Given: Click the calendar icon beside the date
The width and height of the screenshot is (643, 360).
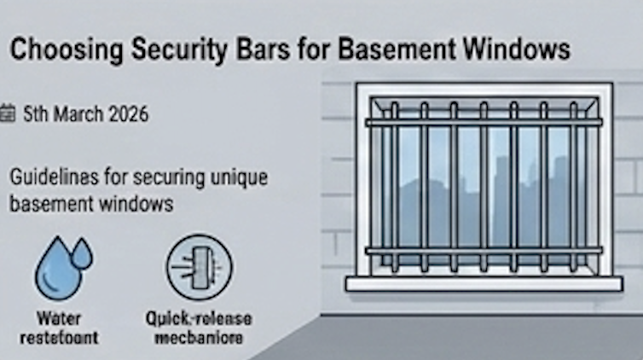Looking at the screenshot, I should coord(9,113).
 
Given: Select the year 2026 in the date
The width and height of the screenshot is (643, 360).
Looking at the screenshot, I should coord(126,113).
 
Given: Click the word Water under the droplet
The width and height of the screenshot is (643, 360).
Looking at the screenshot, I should coord(61,318).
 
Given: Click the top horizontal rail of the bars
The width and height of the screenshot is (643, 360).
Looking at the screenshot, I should coord(483,122).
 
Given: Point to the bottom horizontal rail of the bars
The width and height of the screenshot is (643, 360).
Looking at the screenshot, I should coord(483,251).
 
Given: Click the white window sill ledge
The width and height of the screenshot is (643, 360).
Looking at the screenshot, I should coord(483,283).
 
